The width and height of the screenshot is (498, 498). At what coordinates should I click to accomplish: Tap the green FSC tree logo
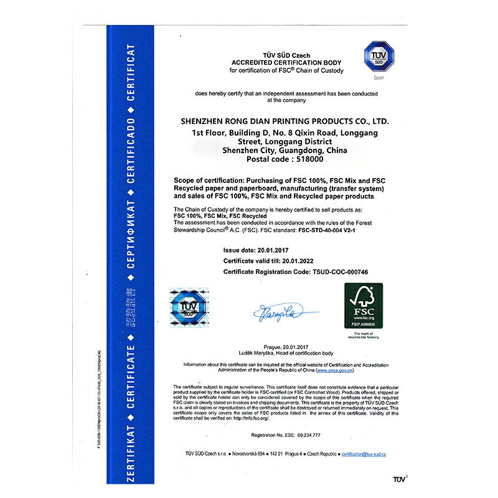(364, 306)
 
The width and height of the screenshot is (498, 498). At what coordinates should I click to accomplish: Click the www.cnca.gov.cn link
(339, 370)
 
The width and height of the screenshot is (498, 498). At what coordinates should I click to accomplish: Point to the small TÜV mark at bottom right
(398, 479)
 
